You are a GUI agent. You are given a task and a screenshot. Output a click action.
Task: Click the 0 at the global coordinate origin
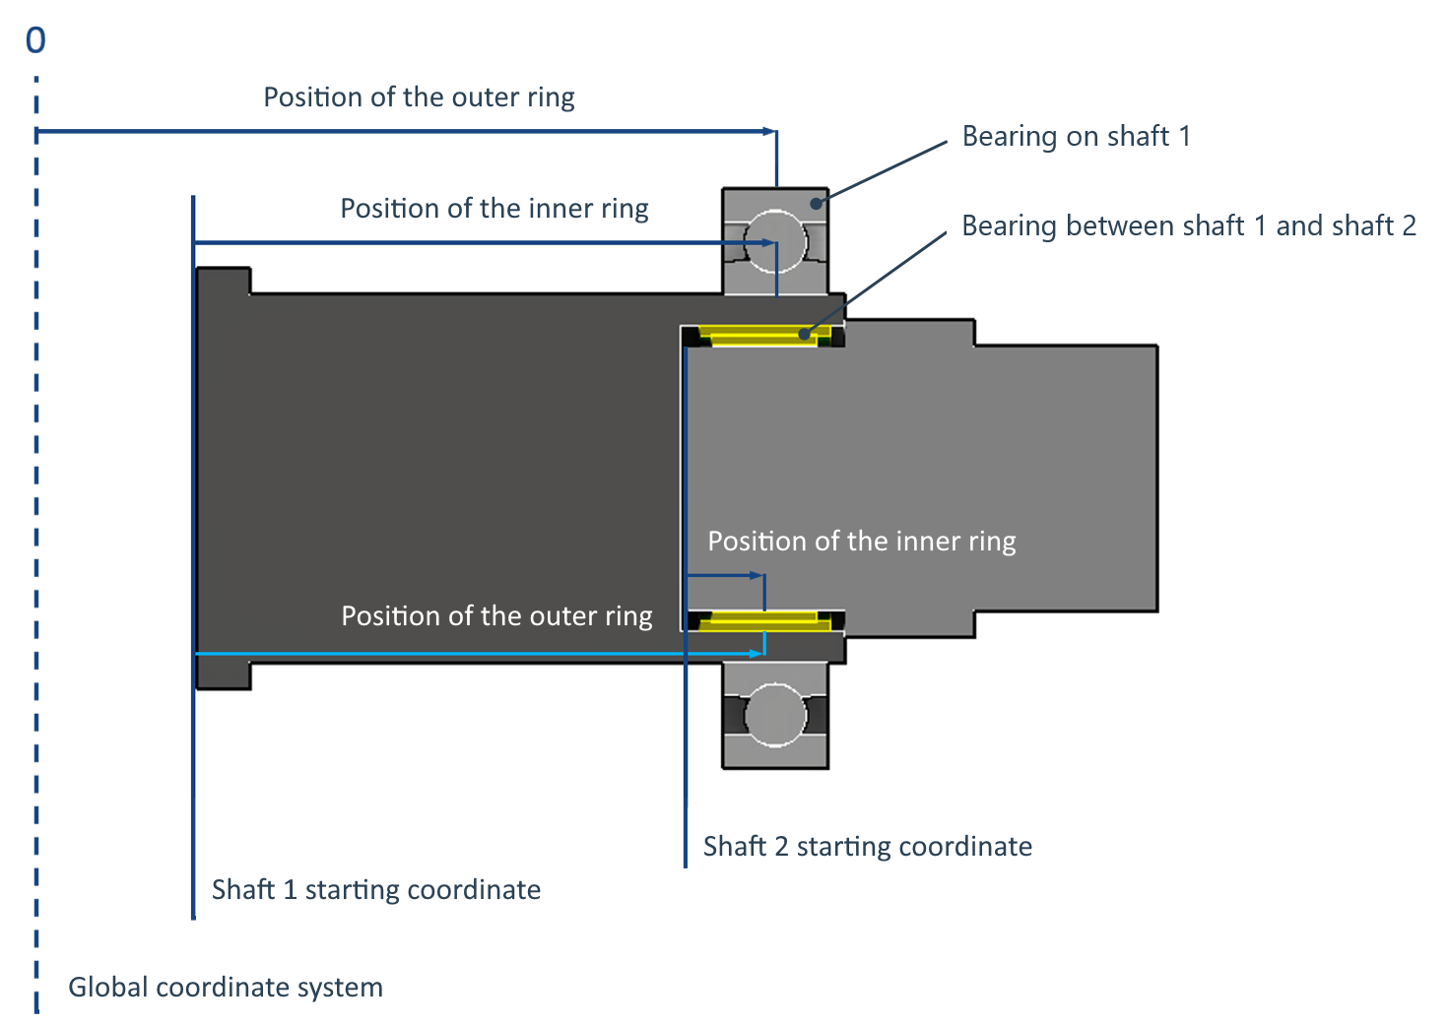35,40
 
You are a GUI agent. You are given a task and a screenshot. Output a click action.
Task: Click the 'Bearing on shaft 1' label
1076,136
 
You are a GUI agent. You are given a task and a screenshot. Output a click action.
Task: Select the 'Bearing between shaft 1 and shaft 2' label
1188,225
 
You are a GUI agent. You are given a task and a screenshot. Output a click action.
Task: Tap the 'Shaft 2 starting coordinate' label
867,847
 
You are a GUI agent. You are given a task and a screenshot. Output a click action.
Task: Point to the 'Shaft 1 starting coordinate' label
375,890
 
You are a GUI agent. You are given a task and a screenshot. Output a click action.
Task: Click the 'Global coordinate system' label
226,988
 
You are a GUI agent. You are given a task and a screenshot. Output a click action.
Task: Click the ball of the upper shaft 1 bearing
775,240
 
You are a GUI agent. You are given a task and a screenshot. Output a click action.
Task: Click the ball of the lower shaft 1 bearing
775,715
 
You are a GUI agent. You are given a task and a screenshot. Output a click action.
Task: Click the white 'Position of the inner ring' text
861,542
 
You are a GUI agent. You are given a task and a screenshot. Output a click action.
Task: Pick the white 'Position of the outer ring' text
496,616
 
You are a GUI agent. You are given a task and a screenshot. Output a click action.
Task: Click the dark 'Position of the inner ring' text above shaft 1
494,209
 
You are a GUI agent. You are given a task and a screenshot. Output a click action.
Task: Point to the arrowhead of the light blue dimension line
758,653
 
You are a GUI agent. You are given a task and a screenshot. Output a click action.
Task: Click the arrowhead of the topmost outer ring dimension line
770,131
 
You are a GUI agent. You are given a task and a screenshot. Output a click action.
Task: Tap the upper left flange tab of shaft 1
224,281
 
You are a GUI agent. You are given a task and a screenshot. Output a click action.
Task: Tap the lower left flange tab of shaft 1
224,675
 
